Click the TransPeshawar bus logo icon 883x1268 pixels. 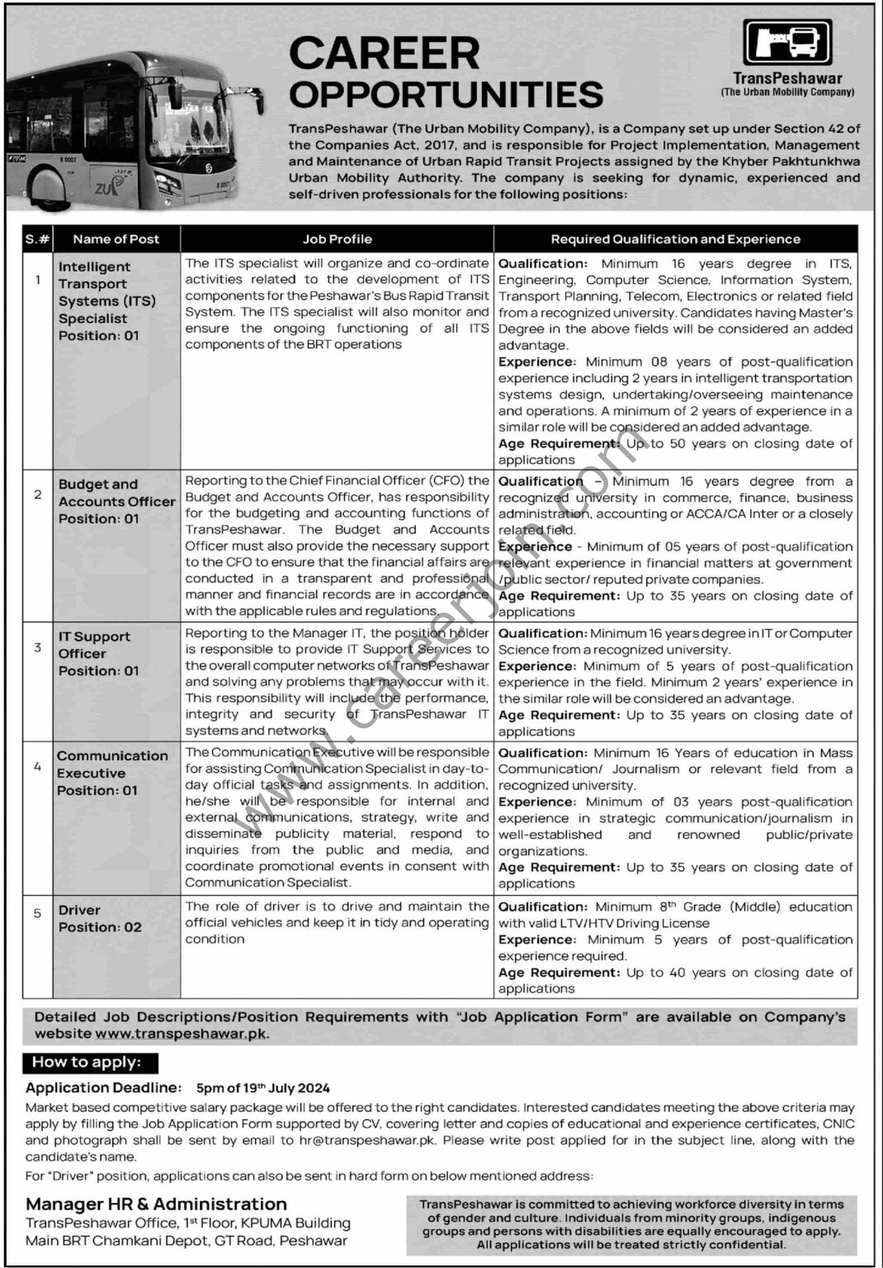787,42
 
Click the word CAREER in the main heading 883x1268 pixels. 384,54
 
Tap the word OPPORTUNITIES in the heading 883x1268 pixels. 446,95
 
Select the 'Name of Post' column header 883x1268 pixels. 116,239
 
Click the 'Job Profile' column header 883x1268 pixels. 337,239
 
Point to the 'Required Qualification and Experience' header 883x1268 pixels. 675,239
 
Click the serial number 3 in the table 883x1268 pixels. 38,647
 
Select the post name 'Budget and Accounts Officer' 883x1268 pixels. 116,493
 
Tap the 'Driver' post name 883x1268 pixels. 79,910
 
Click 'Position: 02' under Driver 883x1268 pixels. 100,927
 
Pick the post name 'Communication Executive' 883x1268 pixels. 112,764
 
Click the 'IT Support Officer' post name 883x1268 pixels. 94,645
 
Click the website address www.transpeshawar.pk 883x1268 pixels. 182,1033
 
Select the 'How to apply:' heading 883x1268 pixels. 87,1062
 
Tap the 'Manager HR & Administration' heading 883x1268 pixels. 156,1204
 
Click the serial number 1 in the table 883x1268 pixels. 38,280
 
